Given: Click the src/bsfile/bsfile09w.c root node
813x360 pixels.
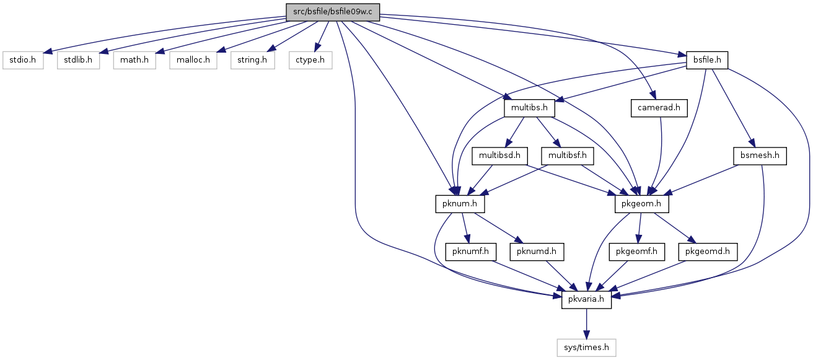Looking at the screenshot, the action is coord(333,12).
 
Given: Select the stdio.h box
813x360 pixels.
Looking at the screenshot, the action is coord(23,60).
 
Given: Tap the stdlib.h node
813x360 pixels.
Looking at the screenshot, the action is coord(78,60).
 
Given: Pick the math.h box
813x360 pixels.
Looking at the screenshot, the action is coord(134,60).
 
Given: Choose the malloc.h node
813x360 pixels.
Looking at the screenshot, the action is coord(193,60).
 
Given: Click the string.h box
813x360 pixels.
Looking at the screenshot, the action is coord(252,60).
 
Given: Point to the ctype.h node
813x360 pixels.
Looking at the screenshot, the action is coord(310,60).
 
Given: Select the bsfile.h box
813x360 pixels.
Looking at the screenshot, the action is coord(707,60).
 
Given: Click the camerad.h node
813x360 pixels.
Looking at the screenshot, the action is coord(659,108).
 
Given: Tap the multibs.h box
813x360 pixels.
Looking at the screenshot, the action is coord(530,108).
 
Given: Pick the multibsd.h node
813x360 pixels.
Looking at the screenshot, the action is coord(499,156).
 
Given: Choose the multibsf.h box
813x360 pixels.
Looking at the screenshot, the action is coord(567,156).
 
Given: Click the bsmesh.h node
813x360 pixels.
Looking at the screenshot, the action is coord(760,156).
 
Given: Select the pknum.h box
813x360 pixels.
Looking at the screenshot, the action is coord(460,204).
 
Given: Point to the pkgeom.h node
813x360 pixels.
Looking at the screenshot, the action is coord(641,204).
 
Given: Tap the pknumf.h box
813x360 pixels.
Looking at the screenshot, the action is coord(470,252).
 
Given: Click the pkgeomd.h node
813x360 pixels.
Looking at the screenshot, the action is coord(708,252).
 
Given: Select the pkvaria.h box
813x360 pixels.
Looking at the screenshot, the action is coord(586,300).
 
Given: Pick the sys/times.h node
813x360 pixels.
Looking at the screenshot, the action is coord(586,348).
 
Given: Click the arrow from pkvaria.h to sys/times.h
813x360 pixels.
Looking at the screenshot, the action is coord(586,324).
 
